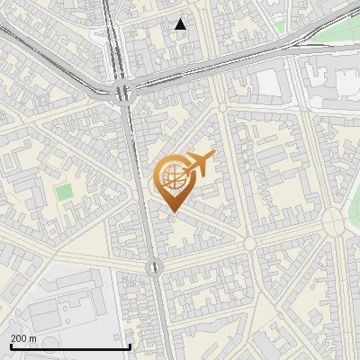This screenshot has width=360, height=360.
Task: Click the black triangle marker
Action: pyautogui.click(x=181, y=24)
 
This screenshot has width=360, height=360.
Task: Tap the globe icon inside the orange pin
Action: pyautogui.click(x=171, y=177)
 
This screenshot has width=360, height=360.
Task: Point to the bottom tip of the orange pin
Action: pyautogui.click(x=171, y=212)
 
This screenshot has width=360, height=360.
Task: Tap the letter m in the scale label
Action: pyautogui.click(x=33, y=338)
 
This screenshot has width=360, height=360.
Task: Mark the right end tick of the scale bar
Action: pyautogui.click(x=131, y=346)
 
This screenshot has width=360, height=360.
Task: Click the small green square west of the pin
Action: pyautogui.click(x=63, y=192)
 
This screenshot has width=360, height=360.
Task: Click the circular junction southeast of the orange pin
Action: pyautogui.click(x=249, y=243)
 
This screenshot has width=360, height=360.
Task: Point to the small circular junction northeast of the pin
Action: pyautogui.click(x=222, y=108)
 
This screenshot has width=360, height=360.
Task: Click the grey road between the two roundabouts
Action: pyautogui.click(x=140, y=180)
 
